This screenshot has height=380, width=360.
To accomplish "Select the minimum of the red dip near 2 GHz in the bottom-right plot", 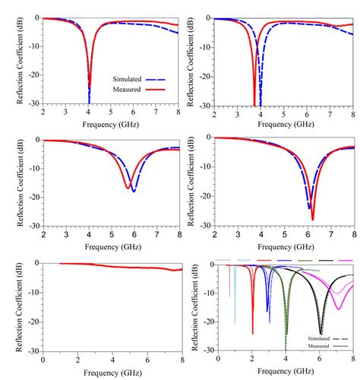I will (x=253, y=333).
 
